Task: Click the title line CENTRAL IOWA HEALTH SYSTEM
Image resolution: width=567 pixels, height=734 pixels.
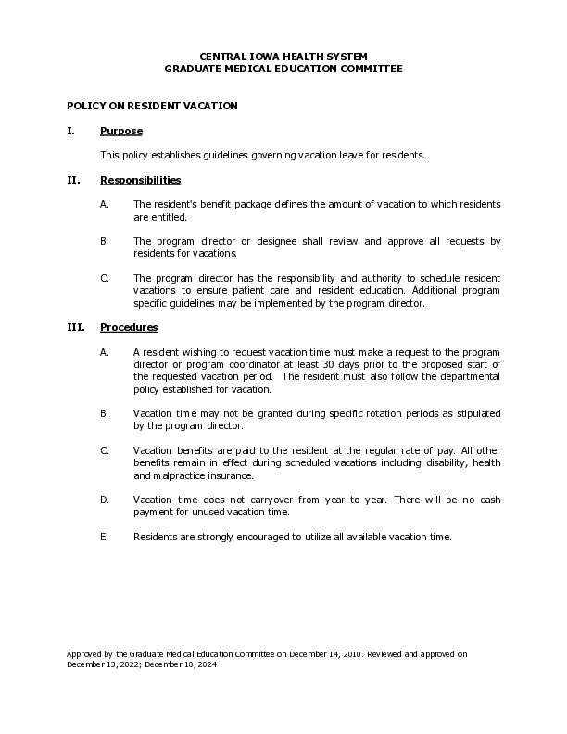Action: pyautogui.click(x=283, y=57)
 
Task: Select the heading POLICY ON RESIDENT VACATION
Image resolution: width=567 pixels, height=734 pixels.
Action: pyautogui.click(x=152, y=106)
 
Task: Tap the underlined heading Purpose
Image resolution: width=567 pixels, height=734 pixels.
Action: pyautogui.click(x=120, y=131)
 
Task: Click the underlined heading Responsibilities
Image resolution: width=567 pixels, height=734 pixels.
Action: pyautogui.click(x=140, y=179)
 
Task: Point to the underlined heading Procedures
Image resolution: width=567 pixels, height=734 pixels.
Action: pyautogui.click(x=129, y=327)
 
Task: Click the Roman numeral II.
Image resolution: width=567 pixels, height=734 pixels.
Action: pyautogui.click(x=73, y=179)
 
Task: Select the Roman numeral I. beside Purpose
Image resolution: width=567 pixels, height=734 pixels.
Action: pyautogui.click(x=70, y=131)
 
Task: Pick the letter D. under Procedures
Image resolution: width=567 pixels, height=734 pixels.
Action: pyautogui.click(x=105, y=500)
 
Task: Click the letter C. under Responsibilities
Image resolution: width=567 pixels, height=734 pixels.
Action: pyautogui.click(x=105, y=278)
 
